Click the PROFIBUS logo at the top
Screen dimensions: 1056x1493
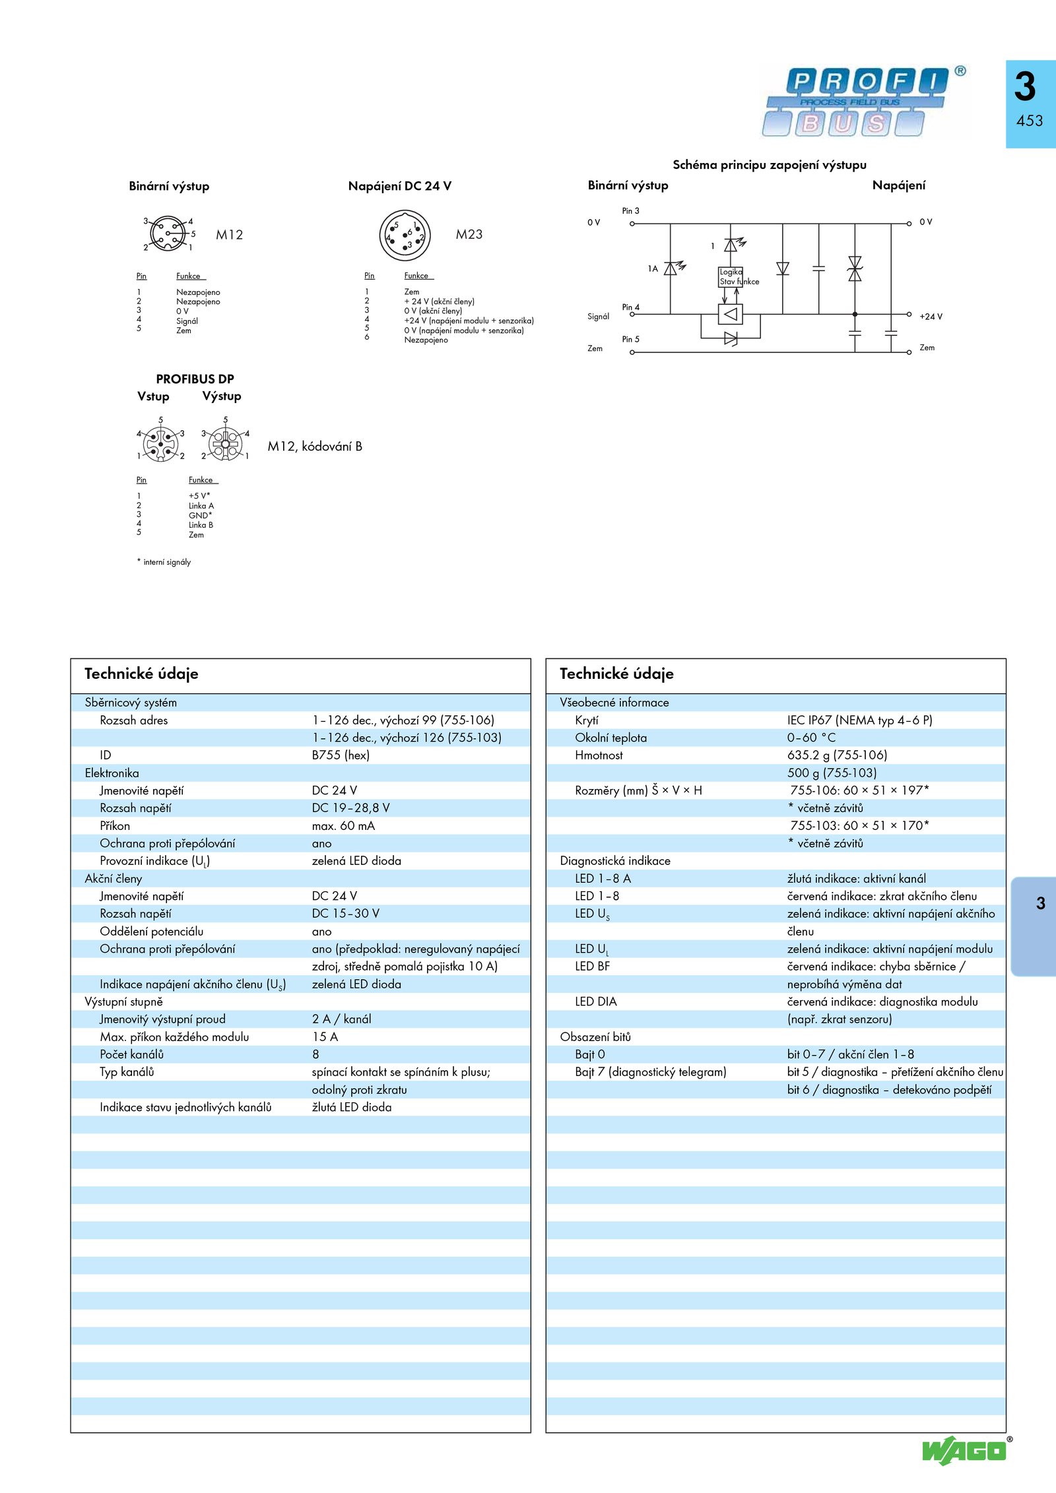(864, 101)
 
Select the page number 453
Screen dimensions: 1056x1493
(1030, 121)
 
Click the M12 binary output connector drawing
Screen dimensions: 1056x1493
(168, 234)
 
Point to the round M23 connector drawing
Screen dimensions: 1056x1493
(405, 235)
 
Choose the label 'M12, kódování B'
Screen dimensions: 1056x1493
(315, 447)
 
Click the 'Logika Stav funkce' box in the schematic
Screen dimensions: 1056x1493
(731, 276)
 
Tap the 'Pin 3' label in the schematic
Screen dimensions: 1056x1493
(630, 211)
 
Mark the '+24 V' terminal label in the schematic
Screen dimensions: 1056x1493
(931, 317)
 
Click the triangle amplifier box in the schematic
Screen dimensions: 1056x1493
(730, 314)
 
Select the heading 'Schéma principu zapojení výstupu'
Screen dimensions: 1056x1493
(770, 165)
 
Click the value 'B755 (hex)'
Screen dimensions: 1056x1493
(341, 755)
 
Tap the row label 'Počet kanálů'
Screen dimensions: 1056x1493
(132, 1054)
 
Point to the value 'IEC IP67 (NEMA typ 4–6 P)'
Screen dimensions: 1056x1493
(860, 720)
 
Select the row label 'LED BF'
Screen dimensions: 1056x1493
(593, 967)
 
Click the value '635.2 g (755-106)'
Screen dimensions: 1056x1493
(838, 755)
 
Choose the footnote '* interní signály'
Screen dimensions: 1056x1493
(164, 562)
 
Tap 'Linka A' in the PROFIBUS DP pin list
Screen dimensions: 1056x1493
(201, 506)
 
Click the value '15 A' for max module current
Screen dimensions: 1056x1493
(325, 1037)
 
